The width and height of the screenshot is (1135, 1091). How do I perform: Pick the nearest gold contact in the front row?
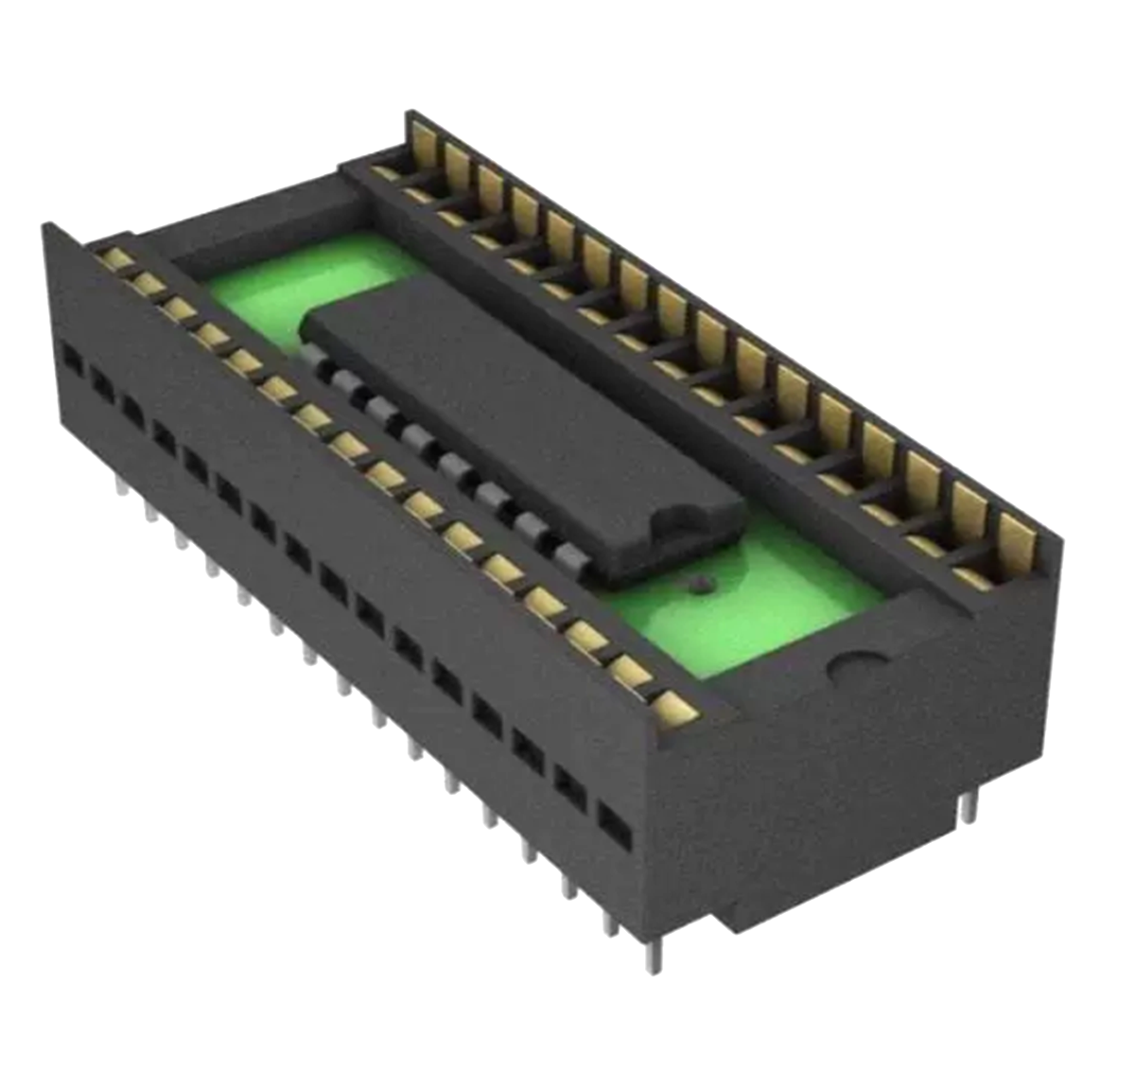674,704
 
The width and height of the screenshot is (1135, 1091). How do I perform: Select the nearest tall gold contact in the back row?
1017,539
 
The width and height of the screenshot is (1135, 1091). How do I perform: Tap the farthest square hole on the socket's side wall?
71,358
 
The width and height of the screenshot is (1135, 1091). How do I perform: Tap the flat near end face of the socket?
851,776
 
